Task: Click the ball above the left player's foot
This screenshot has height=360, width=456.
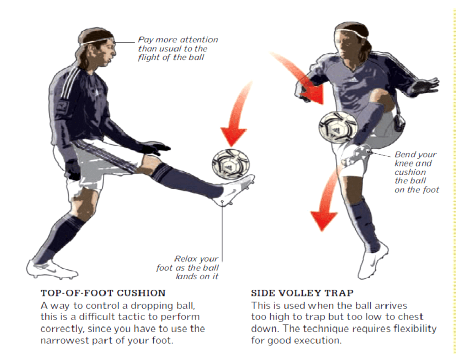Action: (230, 164)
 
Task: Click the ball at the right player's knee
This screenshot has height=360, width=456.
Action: (338, 127)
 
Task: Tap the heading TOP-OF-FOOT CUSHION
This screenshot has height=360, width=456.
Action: (103, 293)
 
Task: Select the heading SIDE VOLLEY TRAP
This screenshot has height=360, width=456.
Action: (302, 293)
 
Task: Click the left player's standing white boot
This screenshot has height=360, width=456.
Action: (51, 269)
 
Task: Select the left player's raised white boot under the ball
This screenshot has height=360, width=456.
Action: (234, 190)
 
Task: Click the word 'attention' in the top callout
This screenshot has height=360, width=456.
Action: (197, 40)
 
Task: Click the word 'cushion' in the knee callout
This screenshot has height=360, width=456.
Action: (410, 172)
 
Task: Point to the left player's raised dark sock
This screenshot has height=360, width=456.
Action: (186, 180)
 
